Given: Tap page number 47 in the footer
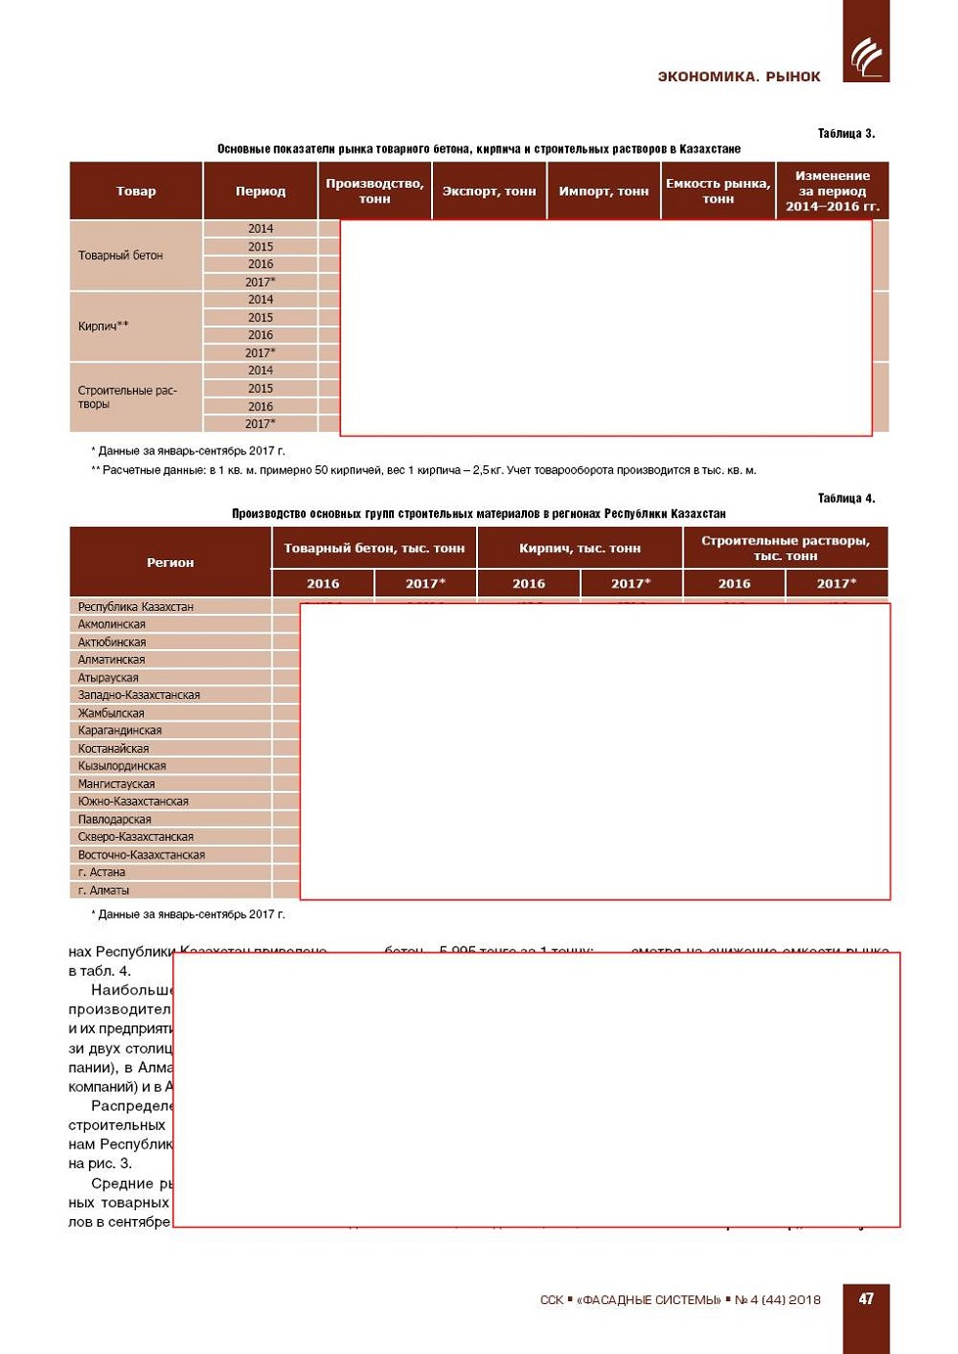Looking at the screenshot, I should coord(866,1298).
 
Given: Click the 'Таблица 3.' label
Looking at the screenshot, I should coord(846,134).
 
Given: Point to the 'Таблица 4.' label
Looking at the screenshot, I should coord(846,499).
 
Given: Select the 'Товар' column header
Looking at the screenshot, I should coord(136,192).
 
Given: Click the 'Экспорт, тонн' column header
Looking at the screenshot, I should coord(489,192).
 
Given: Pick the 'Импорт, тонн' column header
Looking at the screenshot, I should coord(603,192).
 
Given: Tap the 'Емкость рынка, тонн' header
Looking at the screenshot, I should coord(718,192).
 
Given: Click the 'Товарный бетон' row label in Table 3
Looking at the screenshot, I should coord(120,256).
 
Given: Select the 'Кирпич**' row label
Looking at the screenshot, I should coord(104,327).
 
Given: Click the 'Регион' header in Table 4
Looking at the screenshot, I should coord(170,563).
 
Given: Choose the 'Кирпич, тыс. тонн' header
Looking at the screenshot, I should coord(580,548).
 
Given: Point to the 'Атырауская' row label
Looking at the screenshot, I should coord(109,677).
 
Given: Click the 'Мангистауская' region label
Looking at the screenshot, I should coord(116,784).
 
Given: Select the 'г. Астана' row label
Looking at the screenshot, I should coord(102,872).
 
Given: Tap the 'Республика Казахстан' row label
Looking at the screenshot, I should coord(136,607).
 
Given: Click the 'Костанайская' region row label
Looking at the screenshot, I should coord(113,749).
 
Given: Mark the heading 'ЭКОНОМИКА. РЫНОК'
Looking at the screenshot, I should coord(738,76).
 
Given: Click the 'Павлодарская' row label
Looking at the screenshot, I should coord(114,819).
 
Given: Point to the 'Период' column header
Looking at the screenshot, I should coord(260,192).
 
